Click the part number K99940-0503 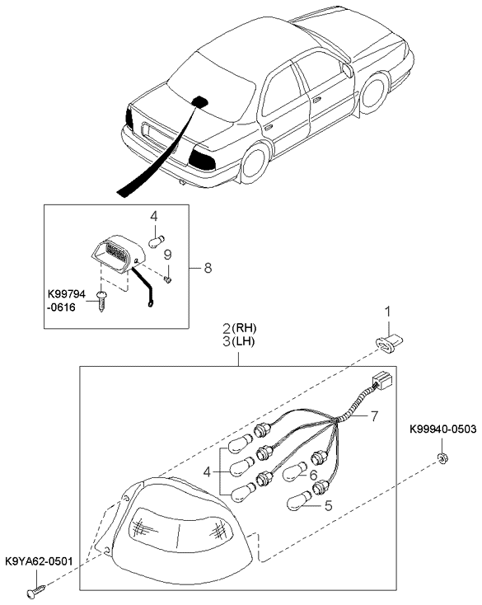tap(443, 429)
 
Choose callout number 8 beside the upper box tap(208, 267)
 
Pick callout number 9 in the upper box tap(167, 255)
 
